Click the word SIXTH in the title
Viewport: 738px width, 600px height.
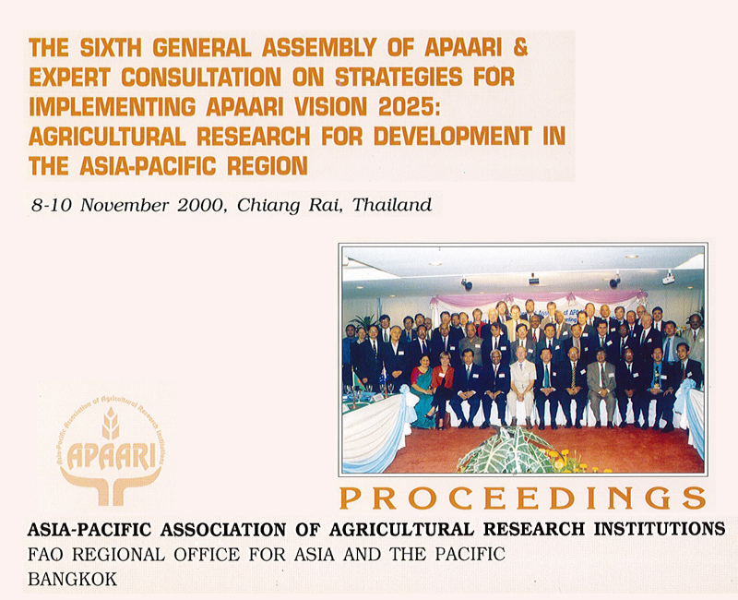[x=111, y=48]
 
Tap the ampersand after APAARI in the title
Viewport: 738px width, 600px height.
[x=520, y=48]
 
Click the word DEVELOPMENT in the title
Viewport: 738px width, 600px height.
[x=453, y=137]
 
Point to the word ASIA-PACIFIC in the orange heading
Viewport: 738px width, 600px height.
[x=149, y=166]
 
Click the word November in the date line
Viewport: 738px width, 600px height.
[x=125, y=205]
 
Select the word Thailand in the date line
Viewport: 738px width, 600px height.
[x=392, y=205]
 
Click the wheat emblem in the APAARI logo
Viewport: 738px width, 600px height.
[x=111, y=423]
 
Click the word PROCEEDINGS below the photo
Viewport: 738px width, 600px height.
[x=522, y=498]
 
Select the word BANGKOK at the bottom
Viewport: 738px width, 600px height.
[x=73, y=580]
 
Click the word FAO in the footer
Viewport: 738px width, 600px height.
[x=45, y=555]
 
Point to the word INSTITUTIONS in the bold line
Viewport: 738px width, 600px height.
[x=660, y=529]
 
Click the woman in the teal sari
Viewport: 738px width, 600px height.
[x=423, y=391]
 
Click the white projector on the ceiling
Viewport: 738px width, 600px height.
[x=669, y=279]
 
